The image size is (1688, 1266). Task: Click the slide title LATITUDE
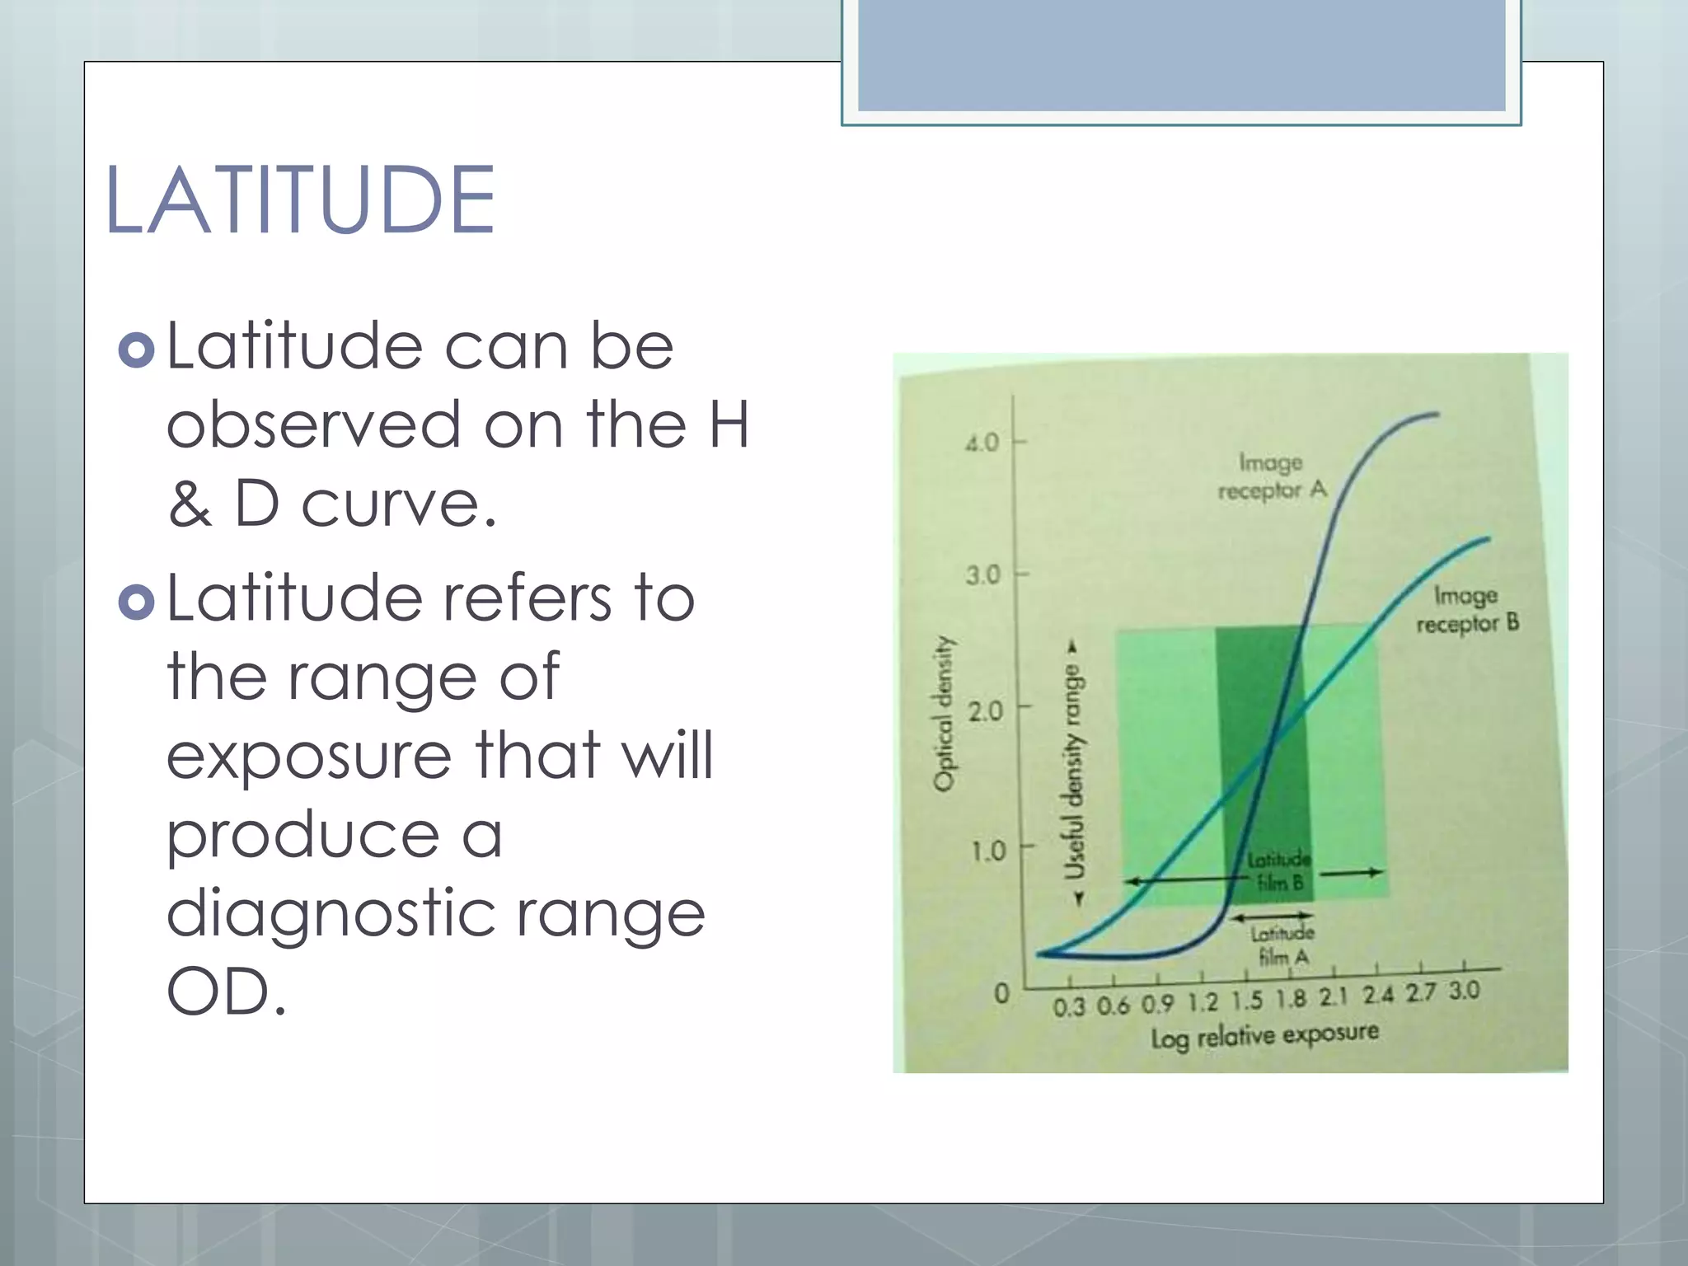pyautogui.click(x=300, y=200)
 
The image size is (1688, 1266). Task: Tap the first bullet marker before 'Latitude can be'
pyautogui.click(x=136, y=349)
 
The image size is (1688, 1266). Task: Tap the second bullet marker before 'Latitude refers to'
pyautogui.click(x=136, y=602)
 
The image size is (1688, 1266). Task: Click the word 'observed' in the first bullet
pyautogui.click(x=313, y=425)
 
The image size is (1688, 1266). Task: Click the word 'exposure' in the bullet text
pyautogui.click(x=308, y=757)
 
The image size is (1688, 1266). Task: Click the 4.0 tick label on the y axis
pyautogui.click(x=982, y=443)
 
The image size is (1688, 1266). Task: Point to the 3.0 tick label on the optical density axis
pyautogui.click(x=982, y=575)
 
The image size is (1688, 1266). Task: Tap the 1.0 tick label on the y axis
pyautogui.click(x=987, y=851)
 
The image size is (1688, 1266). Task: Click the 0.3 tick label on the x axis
pyautogui.click(x=1069, y=1007)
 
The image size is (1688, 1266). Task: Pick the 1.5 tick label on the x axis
pyautogui.click(x=1246, y=1001)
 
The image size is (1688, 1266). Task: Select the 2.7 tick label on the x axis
pyautogui.click(x=1420, y=993)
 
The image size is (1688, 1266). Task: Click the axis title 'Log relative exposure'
pyautogui.click(x=1264, y=1035)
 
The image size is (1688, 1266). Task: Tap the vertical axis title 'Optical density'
pyautogui.click(x=944, y=714)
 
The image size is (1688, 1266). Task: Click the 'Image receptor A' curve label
pyautogui.click(x=1272, y=476)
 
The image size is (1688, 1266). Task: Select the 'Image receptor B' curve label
pyautogui.click(x=1467, y=610)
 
